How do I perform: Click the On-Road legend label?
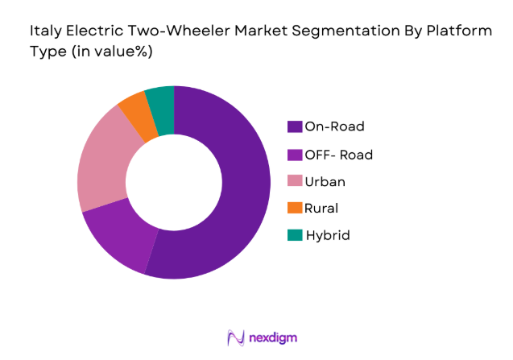pyautogui.click(x=334, y=126)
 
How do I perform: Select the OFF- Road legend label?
pyautogui.click(x=339, y=153)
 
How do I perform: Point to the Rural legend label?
pyautogui.click(x=322, y=208)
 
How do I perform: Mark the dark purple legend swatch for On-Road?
pyautogui.click(x=295, y=126)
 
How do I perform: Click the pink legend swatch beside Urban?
pyautogui.click(x=295, y=180)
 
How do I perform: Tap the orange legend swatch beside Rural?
pyautogui.click(x=295, y=208)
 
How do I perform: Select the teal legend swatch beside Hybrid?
pyautogui.click(x=295, y=235)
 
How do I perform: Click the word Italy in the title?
pyautogui.click(x=45, y=32)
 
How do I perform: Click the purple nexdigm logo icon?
pyautogui.click(x=235, y=337)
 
